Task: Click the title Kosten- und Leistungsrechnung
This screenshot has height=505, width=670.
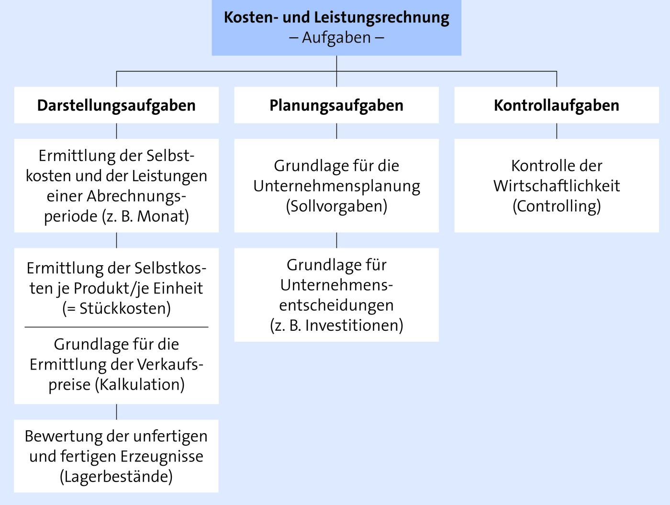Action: pos(336,18)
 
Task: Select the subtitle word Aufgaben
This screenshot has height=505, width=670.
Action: pos(336,38)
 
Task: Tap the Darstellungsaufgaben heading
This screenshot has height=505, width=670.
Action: pos(116,106)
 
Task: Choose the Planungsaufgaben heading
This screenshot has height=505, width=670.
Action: pos(336,106)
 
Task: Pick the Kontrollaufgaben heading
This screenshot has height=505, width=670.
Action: pos(557,105)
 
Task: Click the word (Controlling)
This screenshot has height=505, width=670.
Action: pos(557,206)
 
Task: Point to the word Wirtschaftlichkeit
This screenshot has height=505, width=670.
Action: pos(557,186)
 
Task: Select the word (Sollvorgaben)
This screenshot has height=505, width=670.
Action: pos(336,206)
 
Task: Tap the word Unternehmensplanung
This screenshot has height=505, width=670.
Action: pos(336,186)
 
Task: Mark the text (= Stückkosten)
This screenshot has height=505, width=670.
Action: pos(116,308)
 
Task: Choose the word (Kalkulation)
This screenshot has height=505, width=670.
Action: pos(140,385)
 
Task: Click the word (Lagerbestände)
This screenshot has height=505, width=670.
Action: pos(116,477)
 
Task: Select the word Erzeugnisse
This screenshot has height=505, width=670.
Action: pos(162,457)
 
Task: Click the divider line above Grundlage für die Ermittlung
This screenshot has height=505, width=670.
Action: pos(116,327)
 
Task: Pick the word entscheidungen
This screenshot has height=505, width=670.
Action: pos(336,306)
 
